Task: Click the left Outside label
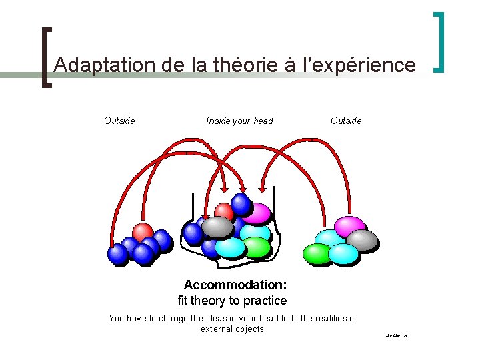tap(119, 121)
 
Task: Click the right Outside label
tap(346, 121)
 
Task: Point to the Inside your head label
tap(239, 121)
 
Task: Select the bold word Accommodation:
tap(235, 285)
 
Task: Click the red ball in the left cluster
tap(143, 232)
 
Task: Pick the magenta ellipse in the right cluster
tap(350, 225)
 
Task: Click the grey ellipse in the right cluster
tap(363, 240)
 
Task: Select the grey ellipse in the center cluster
tap(217, 227)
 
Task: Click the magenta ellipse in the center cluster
tap(257, 214)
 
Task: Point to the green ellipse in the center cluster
tap(257, 247)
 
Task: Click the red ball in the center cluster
tap(225, 212)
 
